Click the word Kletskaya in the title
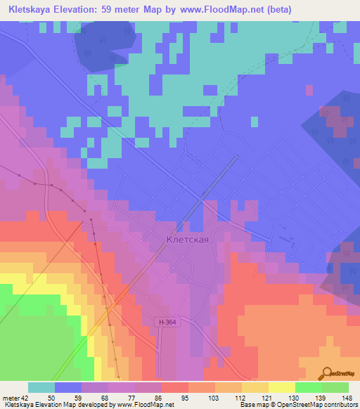(x=29, y=9)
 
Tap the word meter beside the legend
(x=9, y=398)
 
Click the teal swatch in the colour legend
(x=41, y=387)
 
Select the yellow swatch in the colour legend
(x=282, y=387)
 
